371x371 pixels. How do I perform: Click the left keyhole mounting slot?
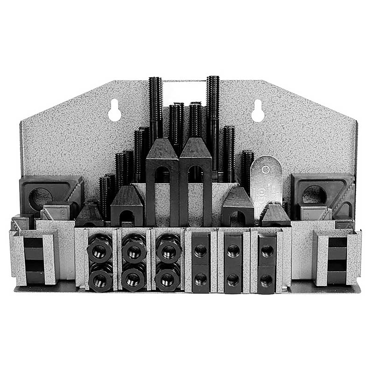tap(114, 110)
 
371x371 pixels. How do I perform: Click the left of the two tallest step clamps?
tap(162, 183)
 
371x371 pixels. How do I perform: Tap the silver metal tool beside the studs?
tap(266, 180)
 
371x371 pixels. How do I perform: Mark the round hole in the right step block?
tap(314, 195)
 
